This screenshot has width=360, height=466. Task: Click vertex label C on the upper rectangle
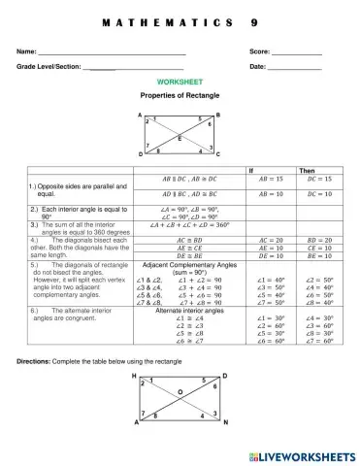click(x=218, y=155)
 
